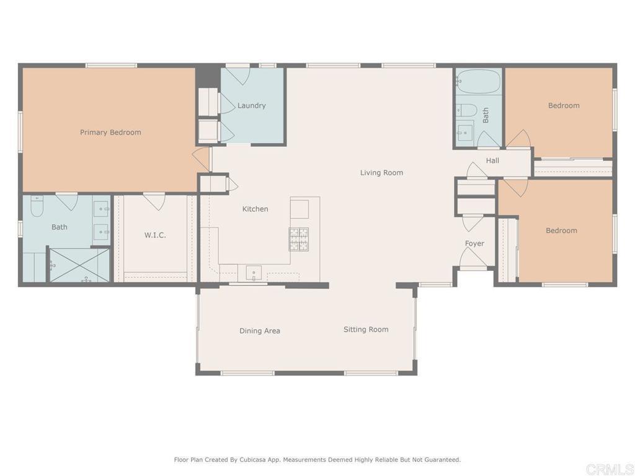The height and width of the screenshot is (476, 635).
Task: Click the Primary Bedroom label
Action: (110, 133)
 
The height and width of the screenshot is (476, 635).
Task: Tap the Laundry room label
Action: (252, 105)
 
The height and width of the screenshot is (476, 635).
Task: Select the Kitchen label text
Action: (255, 209)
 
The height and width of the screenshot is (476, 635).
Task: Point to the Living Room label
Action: (381, 173)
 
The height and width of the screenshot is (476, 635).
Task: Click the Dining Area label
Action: (260, 331)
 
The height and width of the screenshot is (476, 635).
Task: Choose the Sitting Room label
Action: (366, 330)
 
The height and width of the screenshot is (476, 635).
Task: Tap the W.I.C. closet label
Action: (155, 235)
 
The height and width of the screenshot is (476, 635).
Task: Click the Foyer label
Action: (474, 244)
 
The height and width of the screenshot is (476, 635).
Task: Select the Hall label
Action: (492, 161)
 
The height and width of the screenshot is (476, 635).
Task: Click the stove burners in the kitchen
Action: (298, 239)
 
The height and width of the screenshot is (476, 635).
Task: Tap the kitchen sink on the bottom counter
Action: (254, 273)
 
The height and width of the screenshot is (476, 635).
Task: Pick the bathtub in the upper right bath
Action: (478, 81)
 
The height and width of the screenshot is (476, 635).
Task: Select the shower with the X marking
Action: (79, 265)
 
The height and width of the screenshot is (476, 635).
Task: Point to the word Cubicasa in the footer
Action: (254, 459)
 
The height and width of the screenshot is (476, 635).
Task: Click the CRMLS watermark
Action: (610, 469)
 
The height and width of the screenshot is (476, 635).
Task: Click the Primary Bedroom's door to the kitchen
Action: (202, 159)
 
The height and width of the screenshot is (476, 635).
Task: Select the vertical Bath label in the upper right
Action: (486, 115)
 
